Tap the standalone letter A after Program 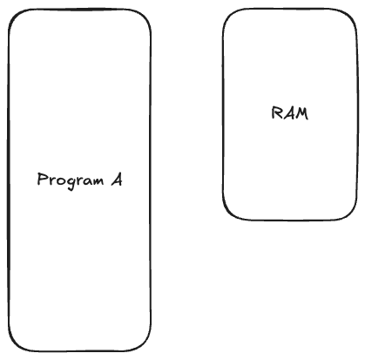click(x=117, y=180)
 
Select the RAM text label click(x=290, y=113)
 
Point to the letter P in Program click(x=43, y=179)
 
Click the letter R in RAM click(x=276, y=113)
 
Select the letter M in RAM click(x=301, y=113)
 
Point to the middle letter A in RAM click(x=288, y=113)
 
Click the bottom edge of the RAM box click(x=290, y=221)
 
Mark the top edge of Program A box click(x=80, y=10)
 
